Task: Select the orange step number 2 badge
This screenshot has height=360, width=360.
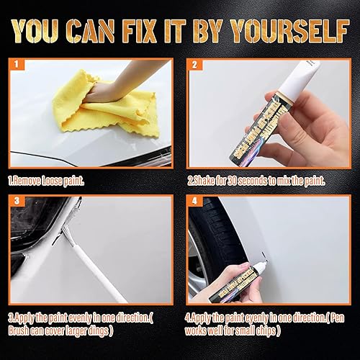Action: [x=193, y=64]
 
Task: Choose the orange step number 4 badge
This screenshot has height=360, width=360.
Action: [x=193, y=201]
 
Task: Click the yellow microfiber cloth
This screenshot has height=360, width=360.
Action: [x=108, y=108]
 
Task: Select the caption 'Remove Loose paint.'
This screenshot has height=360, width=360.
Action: [x=47, y=181]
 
